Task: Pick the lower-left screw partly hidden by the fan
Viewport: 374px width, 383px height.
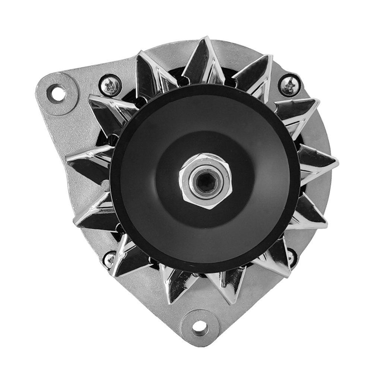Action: [110, 257]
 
